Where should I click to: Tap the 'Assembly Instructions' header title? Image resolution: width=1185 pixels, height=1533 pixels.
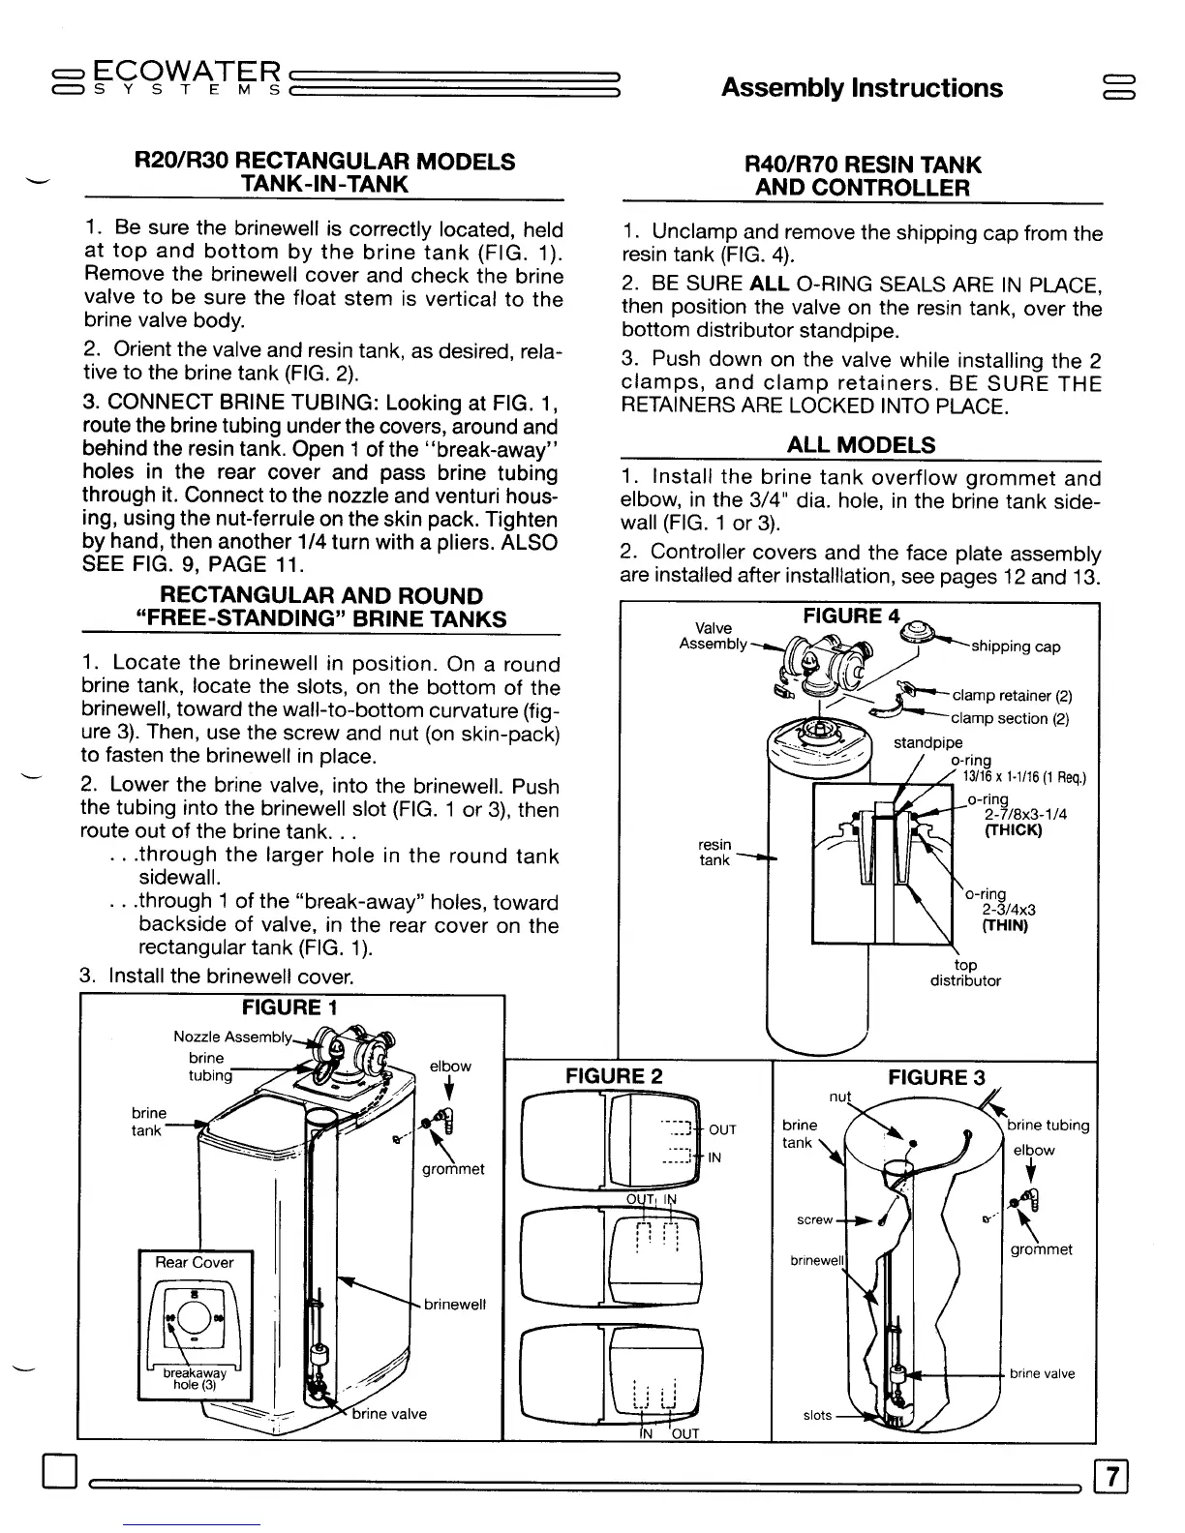tap(862, 88)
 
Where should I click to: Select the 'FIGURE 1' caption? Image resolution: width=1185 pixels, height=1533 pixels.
tap(289, 1007)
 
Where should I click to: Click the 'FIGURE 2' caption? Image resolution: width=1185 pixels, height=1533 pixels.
tap(615, 1076)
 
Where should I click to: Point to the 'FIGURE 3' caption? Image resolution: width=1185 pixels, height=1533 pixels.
tap(936, 1077)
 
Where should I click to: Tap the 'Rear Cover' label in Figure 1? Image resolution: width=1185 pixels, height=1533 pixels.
tap(194, 1262)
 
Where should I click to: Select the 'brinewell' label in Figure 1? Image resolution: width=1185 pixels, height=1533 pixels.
tap(455, 1304)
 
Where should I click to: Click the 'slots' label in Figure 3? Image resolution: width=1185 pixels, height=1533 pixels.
tap(817, 1415)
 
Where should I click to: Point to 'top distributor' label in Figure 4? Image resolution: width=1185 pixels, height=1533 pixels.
tap(965, 973)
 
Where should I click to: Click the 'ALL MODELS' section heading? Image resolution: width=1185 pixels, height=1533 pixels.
tap(861, 445)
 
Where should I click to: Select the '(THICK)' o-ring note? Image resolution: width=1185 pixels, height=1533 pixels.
tap(1013, 830)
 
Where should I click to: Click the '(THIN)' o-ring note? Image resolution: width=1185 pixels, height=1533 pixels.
tap(1005, 925)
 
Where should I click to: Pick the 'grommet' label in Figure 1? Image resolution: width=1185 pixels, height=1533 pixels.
tap(453, 1168)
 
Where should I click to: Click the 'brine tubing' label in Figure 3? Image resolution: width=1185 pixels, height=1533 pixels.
tap(1048, 1125)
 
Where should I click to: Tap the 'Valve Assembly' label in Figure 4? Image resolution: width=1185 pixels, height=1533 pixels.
tap(713, 636)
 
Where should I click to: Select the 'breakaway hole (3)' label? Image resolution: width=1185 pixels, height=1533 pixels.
tap(195, 1378)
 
